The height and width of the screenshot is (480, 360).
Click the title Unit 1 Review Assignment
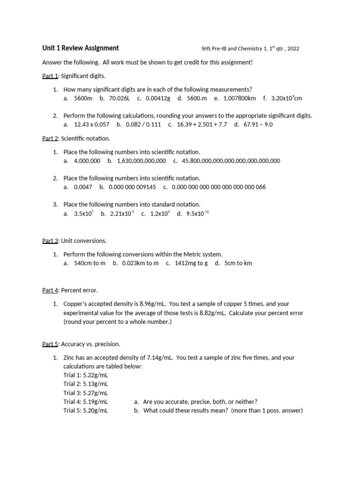tap(80, 48)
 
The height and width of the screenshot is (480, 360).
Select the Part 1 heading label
tap(50, 75)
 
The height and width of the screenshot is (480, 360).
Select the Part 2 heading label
tap(50, 138)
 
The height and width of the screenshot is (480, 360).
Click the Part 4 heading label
tap(50, 290)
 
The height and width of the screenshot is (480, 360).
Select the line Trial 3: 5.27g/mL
tap(85, 393)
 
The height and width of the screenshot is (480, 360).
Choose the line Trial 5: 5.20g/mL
tap(85, 411)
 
